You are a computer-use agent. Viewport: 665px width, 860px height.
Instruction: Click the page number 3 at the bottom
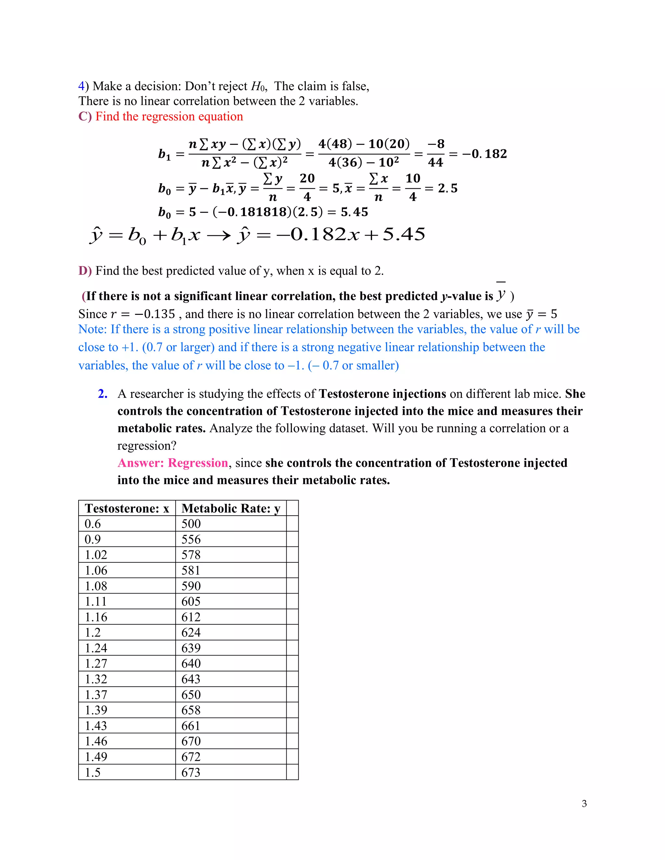[584, 803]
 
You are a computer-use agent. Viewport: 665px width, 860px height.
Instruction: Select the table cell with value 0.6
[93, 524]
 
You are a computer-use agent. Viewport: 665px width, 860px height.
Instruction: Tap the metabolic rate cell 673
[191, 772]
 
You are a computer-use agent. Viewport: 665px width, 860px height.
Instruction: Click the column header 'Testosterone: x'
[127, 508]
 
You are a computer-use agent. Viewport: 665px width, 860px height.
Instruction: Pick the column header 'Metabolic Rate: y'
[231, 508]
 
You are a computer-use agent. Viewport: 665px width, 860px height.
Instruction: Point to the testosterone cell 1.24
[96, 648]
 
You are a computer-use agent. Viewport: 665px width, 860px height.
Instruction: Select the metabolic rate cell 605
[191, 601]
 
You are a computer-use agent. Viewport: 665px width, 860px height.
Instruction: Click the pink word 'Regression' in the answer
[198, 463]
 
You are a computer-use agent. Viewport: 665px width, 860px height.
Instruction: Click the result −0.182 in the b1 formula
[484, 154]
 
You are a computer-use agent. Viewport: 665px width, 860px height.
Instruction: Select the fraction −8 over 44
[436, 153]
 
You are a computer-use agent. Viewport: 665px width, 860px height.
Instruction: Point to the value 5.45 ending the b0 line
[354, 212]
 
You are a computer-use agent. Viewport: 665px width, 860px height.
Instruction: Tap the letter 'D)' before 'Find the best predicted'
[85, 271]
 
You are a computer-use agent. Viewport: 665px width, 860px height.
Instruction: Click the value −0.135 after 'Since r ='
[155, 314]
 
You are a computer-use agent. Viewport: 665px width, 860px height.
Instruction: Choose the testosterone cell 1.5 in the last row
[93, 772]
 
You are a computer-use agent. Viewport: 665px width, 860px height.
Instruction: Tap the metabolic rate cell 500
[191, 524]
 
